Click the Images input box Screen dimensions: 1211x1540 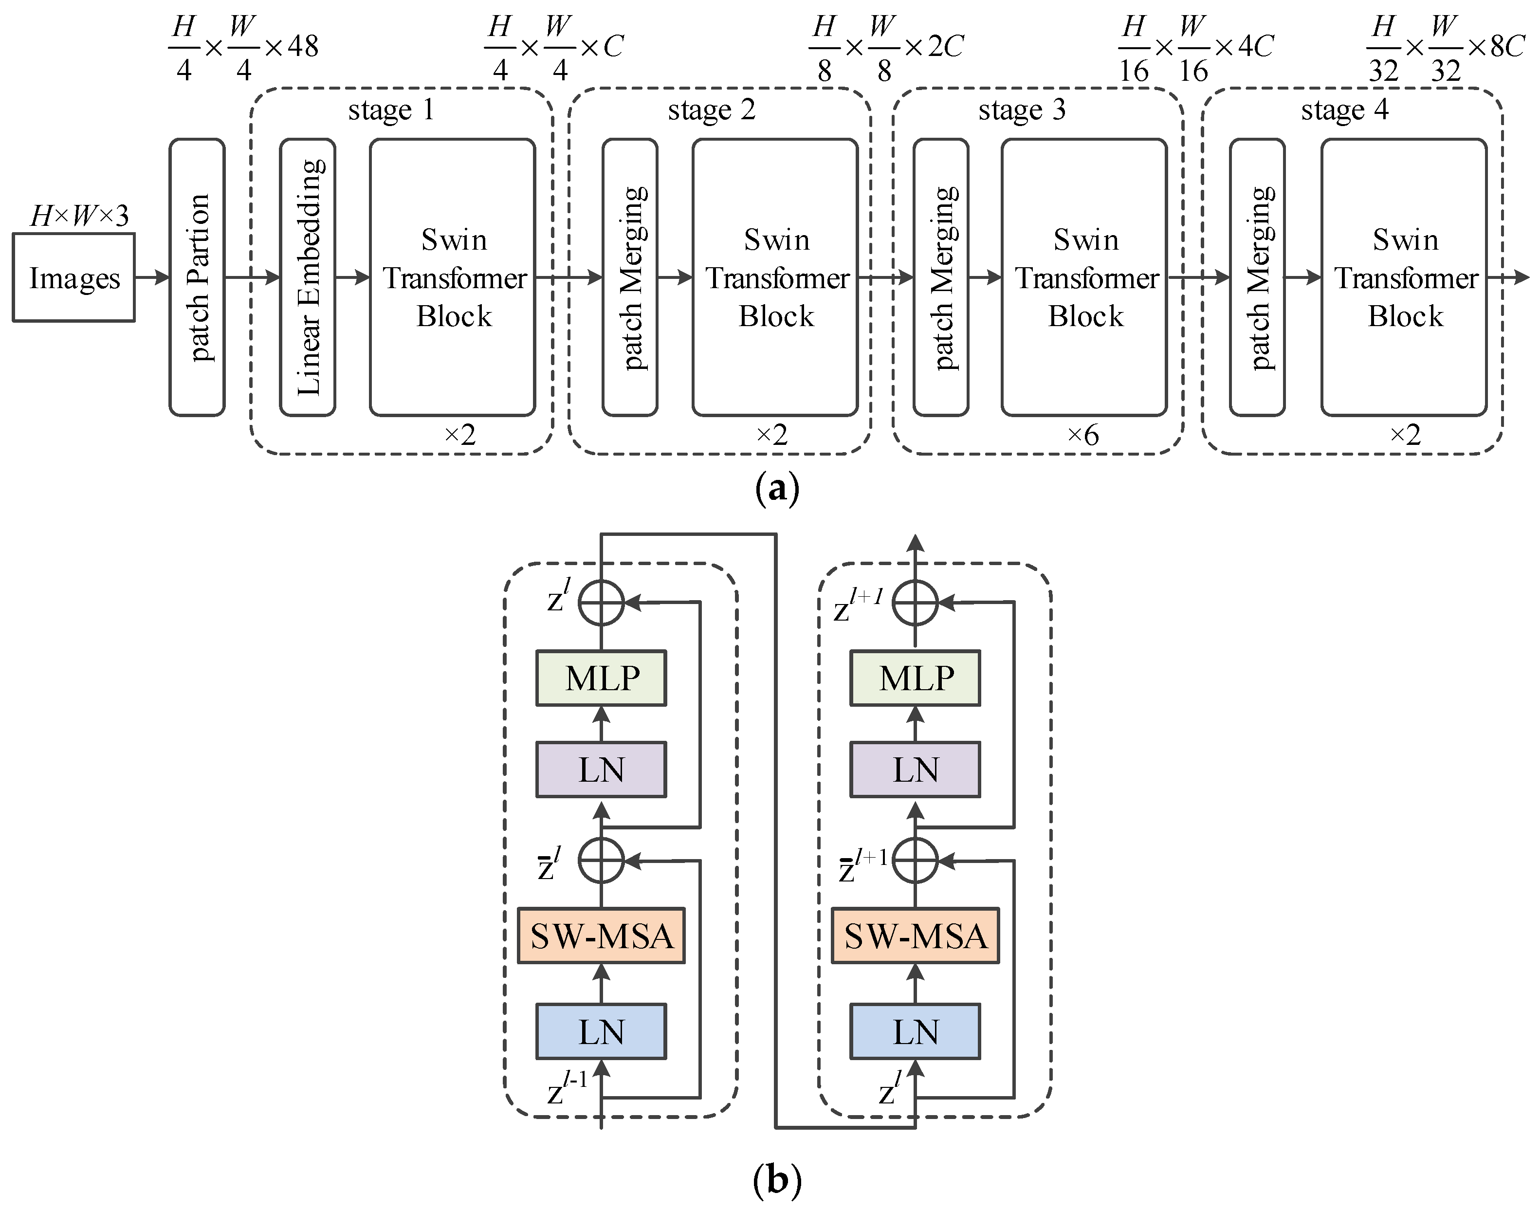pos(73,278)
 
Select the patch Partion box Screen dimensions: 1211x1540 pos(197,277)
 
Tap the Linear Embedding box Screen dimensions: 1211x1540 pos(308,277)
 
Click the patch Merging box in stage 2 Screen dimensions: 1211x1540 pos(630,277)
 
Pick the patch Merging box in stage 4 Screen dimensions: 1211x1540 pos(1257,277)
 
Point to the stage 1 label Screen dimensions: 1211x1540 pos(391,110)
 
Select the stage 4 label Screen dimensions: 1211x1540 pos(1344,110)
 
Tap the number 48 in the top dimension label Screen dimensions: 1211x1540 pos(303,47)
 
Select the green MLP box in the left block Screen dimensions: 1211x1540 pos(601,679)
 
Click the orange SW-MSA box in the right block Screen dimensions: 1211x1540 pos(916,936)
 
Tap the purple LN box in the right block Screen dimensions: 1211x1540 pos(916,770)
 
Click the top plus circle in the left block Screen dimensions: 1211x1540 pos(601,603)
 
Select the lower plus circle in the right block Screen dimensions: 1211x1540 pos(916,860)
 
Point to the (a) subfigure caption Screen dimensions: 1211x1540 pos(777,489)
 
